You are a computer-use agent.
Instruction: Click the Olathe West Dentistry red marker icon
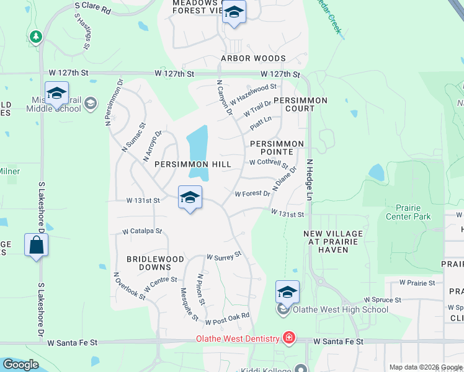point(289,338)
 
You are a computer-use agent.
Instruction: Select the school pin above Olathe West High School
point(287,291)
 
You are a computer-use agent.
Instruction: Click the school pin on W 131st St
point(190,197)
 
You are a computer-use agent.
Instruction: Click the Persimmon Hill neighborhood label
point(192,164)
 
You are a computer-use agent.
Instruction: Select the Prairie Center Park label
point(408,212)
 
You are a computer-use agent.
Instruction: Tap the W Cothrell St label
point(269,163)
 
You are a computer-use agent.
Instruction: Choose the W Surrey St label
point(223,255)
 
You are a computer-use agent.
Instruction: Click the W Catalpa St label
point(141,231)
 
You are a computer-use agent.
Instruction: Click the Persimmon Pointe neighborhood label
point(277,148)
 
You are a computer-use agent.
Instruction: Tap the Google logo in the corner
point(20,365)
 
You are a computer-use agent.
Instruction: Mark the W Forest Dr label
point(252,194)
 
